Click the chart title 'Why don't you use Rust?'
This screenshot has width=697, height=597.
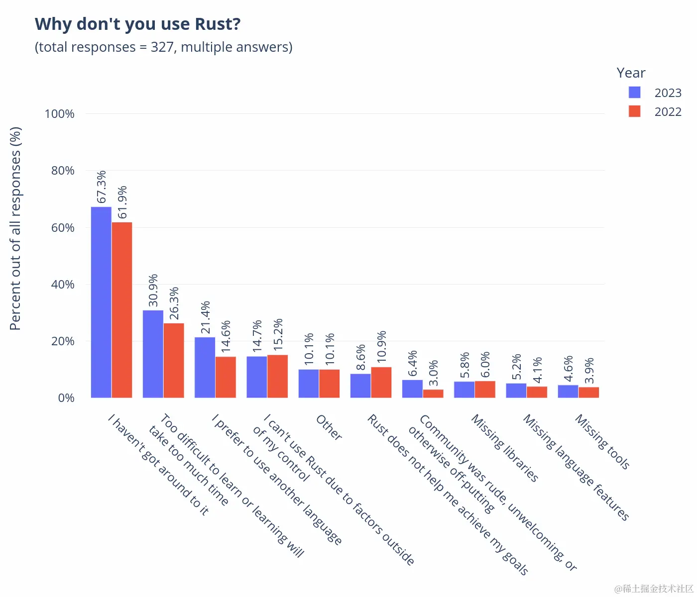coord(138,24)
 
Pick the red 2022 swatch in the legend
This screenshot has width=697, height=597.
coord(634,111)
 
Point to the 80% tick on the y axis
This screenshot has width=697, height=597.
coord(63,171)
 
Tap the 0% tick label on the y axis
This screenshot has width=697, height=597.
coord(66,398)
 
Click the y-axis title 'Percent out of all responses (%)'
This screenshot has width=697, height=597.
coord(15,228)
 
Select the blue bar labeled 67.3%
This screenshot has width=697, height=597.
coord(101,302)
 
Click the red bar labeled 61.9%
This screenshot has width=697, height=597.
coord(122,310)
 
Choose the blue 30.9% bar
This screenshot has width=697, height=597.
coord(153,354)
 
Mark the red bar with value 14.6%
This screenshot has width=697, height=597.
coord(226,377)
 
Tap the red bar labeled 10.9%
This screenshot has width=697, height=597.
coord(381,383)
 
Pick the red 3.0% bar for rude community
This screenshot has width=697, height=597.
coord(433,394)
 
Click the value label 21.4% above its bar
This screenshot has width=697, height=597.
coord(205,317)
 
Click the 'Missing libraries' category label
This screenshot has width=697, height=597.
coord(505,448)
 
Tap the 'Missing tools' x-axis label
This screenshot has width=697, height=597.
coord(602,442)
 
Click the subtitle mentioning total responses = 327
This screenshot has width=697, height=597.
coord(163,47)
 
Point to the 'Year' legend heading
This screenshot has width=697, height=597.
coord(631,73)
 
